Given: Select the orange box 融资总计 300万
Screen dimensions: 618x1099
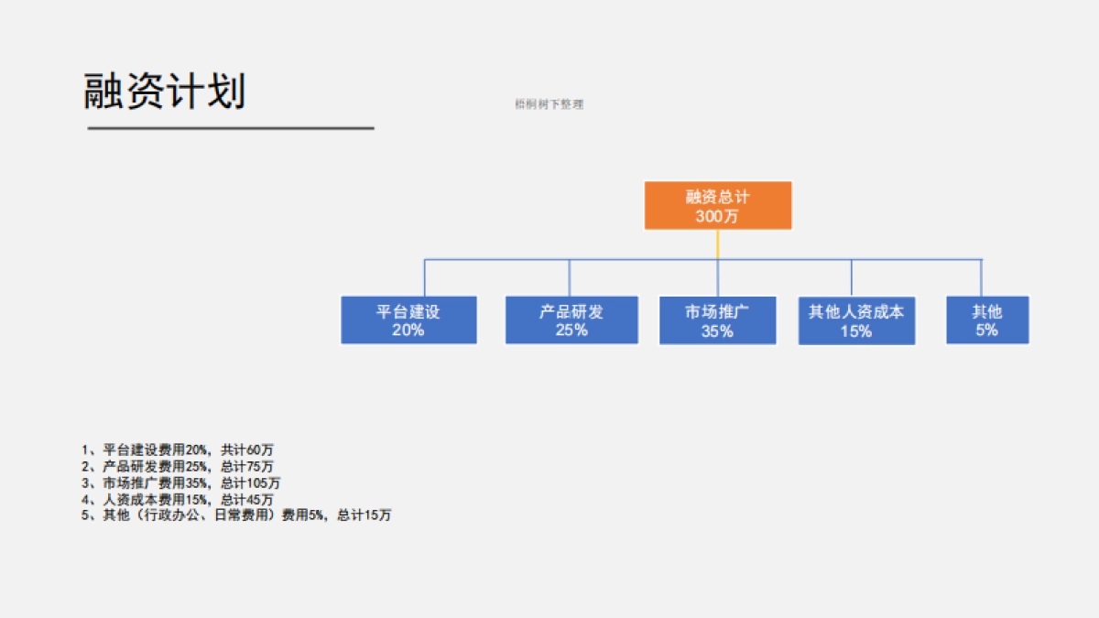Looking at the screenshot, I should click(x=717, y=205).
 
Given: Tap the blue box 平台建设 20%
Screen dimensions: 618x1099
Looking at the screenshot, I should click(x=408, y=320).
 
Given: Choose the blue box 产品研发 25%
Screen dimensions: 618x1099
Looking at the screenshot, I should click(x=571, y=320).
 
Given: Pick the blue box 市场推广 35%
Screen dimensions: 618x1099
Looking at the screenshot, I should click(x=717, y=320).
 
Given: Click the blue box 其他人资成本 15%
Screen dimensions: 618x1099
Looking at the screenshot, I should click(x=856, y=320).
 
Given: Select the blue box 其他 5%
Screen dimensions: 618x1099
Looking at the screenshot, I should click(x=987, y=320).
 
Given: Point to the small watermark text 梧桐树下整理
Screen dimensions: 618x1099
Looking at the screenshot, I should click(x=549, y=104).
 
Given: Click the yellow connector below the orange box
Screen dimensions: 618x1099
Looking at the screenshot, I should click(x=717, y=244).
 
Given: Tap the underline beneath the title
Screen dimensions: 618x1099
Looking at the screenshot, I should click(x=231, y=128).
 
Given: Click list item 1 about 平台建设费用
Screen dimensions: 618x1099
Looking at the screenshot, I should click(x=178, y=450).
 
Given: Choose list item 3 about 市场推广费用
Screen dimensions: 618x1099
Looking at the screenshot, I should click(x=181, y=482).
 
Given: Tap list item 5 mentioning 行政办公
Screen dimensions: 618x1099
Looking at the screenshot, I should click(x=236, y=515).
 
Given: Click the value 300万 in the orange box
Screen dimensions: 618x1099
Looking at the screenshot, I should click(x=717, y=217).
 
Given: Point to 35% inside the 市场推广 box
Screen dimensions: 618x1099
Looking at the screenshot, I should click(x=717, y=331).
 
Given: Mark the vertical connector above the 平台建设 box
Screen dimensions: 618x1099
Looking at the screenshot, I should click(x=424, y=277).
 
